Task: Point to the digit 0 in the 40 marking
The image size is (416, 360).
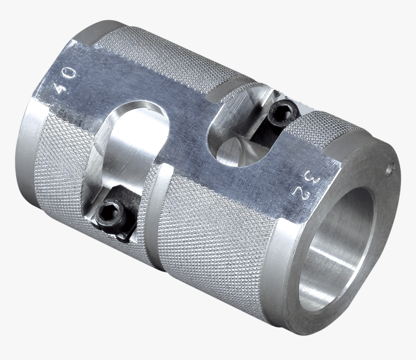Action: point(68,74)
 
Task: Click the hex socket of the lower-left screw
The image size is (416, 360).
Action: point(109,212)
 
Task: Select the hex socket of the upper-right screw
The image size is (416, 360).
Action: point(282,114)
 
